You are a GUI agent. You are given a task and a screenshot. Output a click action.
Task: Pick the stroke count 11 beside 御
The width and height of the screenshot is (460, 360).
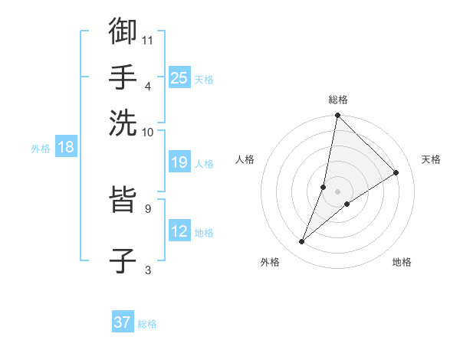tap(149, 39)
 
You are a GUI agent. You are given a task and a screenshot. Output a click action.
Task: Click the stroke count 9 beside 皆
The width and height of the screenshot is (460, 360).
tap(147, 208)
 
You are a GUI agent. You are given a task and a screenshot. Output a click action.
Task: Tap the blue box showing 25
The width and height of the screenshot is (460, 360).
tap(179, 78)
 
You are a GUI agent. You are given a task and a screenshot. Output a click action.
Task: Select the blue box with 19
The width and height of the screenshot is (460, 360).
tap(179, 162)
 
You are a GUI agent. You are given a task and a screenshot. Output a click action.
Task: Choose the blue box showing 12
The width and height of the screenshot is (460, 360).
tap(179, 231)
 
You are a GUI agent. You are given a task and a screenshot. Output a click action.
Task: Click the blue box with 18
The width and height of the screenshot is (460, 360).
tap(66, 148)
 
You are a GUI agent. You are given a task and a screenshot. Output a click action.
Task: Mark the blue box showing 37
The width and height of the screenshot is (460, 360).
tap(123, 322)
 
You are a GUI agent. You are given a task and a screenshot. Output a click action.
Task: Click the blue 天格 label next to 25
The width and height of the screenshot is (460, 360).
tap(204, 79)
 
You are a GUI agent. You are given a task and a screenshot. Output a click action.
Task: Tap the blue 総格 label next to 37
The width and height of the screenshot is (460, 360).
tap(147, 323)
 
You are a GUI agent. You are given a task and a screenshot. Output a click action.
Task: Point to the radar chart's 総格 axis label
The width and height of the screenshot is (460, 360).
tap(337, 100)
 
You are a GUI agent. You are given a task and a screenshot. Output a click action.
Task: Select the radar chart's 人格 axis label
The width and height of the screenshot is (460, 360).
tap(245, 159)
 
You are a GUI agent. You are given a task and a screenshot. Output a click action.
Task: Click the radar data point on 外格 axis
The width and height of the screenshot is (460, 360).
tap(302, 242)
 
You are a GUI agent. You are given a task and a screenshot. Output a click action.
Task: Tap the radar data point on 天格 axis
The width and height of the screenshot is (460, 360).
tap(396, 173)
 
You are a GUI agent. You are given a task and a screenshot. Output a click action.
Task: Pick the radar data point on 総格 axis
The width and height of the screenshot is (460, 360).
tap(337, 116)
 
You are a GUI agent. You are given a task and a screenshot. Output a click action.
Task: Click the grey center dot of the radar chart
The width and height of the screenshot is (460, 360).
tap(337, 191)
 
